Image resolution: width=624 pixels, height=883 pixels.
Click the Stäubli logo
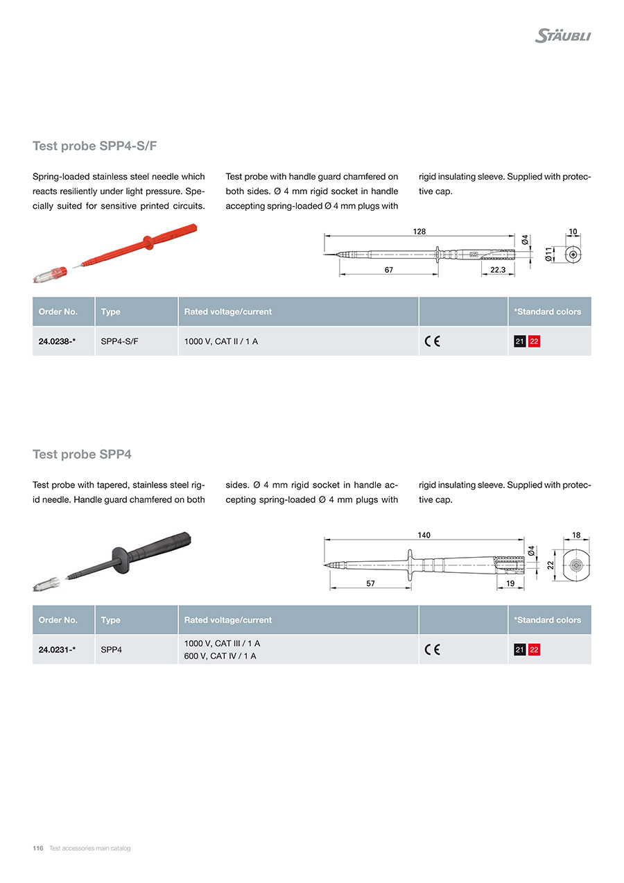point(562,36)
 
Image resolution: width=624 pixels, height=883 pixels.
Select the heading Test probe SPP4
point(82,454)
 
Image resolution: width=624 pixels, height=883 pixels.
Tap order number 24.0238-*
point(57,341)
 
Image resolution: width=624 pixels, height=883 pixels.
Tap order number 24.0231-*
point(57,650)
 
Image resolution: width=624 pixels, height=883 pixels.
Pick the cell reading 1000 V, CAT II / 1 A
point(221,341)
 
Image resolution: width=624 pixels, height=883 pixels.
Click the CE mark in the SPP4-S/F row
point(432,341)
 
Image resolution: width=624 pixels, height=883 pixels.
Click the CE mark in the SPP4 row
point(432,650)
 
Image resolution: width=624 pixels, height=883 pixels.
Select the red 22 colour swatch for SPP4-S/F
point(534,341)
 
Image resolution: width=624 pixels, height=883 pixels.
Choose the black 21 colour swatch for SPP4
point(519,650)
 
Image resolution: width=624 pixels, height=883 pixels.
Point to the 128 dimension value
point(419,232)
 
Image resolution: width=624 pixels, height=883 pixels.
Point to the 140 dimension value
point(424,535)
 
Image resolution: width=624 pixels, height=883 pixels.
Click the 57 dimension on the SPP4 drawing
point(370,584)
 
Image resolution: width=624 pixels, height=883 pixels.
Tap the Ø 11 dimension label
point(548,255)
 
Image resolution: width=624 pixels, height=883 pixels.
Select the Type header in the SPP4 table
point(110,620)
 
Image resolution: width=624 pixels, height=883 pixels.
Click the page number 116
point(38,848)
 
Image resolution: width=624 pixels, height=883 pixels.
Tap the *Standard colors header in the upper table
point(548,312)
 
